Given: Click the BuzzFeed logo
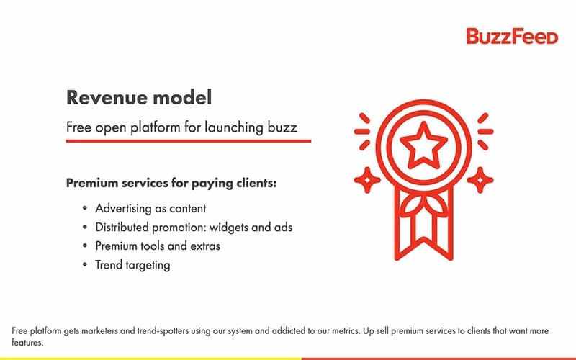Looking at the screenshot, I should [x=512, y=36].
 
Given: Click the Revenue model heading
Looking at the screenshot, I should [x=139, y=97].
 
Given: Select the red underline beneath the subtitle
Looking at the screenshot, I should [x=189, y=140].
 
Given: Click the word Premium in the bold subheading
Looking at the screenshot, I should [x=93, y=183].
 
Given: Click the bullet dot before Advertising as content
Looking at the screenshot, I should [x=85, y=208].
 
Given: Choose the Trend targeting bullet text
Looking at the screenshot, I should [x=132, y=264].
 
